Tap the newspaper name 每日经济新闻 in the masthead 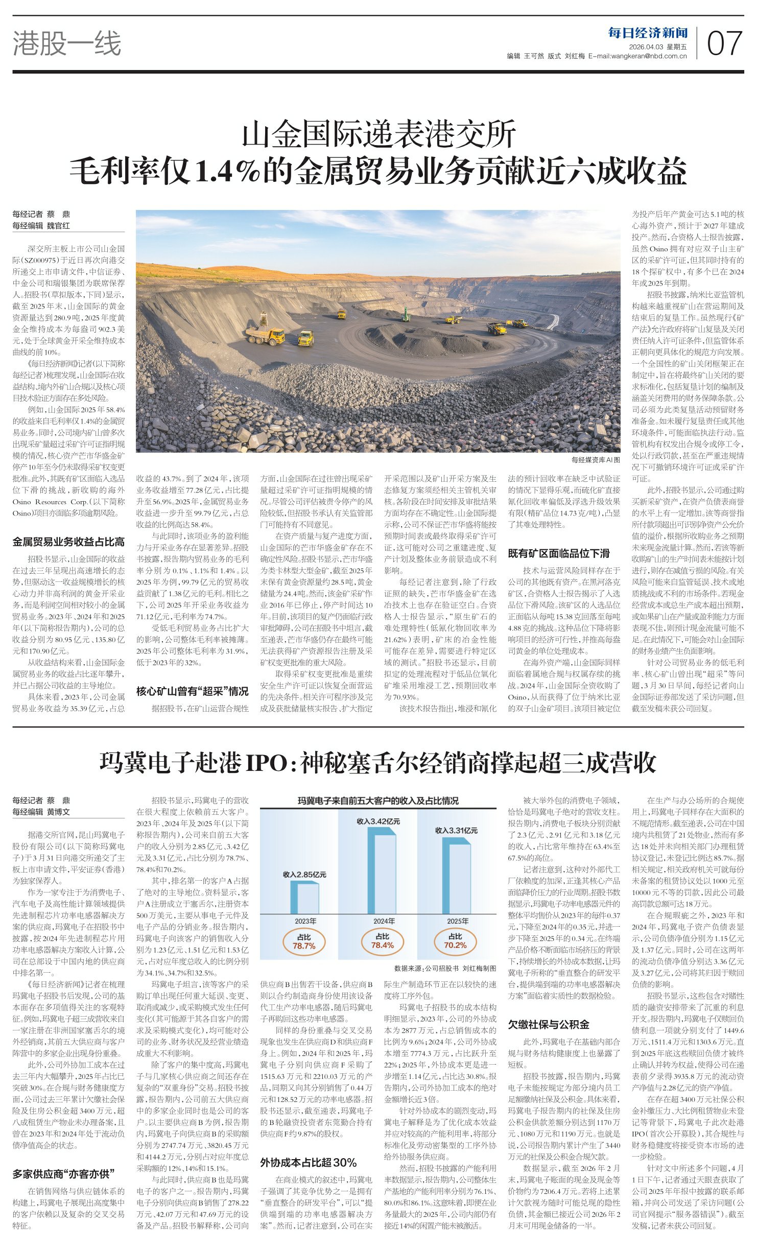click(x=648, y=34)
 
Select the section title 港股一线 click(x=67, y=43)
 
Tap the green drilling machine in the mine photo click(x=406, y=314)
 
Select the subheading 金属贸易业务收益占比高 click(x=68, y=542)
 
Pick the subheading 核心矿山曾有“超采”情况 click(x=192, y=691)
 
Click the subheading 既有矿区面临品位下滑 click(x=558, y=553)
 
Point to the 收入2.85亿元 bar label click(x=304, y=875)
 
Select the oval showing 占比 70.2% click(x=455, y=941)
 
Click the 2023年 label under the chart click(x=305, y=921)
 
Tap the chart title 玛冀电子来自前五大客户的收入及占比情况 click(x=378, y=801)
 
